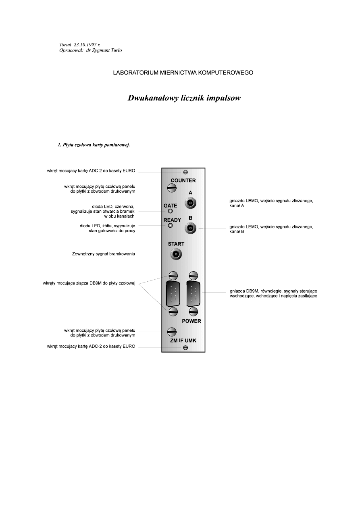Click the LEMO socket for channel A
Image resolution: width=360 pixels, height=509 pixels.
[190, 203]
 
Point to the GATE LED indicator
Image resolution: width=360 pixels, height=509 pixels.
[170, 211]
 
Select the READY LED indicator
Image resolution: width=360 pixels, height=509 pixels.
[170, 225]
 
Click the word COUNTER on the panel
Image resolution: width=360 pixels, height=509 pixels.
[183, 180]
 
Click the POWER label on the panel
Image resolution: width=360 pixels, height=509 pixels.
[191, 321]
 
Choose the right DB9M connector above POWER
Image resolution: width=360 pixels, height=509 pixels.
[193, 294]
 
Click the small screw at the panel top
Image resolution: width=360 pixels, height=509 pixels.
[185, 172]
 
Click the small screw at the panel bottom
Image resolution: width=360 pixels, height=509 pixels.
[185, 348]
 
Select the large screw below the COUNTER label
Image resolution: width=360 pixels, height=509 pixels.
[171, 188]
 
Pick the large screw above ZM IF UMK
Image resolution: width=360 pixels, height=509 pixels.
[171, 332]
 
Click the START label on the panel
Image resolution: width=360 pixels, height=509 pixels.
[175, 244]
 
